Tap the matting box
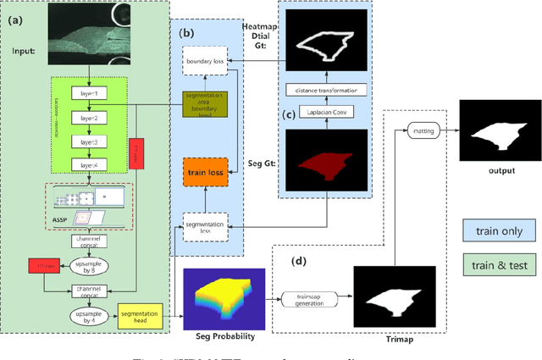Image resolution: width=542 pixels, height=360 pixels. [420, 131]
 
